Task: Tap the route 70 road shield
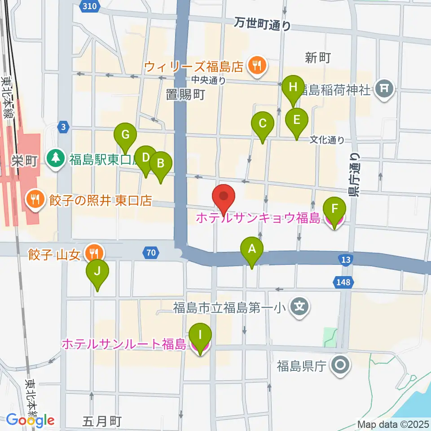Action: (151, 253)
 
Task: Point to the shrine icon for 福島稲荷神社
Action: (385, 89)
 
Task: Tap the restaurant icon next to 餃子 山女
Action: (94, 252)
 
